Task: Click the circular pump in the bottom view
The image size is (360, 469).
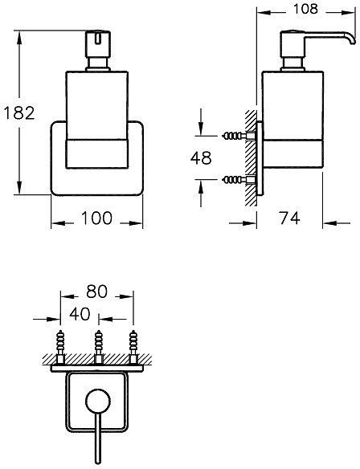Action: click(97, 401)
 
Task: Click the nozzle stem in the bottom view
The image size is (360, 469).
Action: click(97, 438)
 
